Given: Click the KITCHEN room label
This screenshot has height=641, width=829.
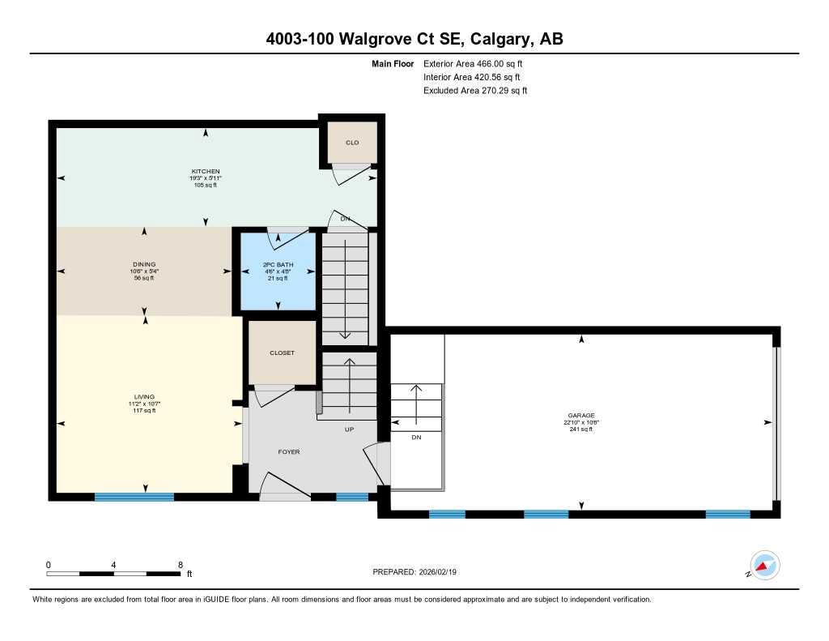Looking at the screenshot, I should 206,171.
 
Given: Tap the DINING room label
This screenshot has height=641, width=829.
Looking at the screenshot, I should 144,264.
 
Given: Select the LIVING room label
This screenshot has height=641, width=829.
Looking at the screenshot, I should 145,397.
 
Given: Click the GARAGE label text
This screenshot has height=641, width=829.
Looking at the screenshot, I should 580,415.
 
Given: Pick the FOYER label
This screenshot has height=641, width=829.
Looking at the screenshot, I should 289,451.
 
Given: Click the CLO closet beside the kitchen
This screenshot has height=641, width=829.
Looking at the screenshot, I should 352,143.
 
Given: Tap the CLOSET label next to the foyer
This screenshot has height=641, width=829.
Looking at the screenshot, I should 282,353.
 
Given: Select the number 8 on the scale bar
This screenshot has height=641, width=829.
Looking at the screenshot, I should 180,564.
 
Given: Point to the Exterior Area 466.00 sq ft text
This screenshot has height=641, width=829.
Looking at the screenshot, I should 478,63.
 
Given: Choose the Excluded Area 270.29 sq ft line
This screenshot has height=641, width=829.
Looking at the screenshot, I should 475,91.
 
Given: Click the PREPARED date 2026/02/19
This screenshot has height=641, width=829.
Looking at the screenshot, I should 442,572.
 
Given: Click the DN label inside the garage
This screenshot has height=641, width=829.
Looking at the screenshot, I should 416,437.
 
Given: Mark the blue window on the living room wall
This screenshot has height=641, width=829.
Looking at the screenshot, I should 134,497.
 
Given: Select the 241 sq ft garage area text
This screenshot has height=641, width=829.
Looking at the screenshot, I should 580,429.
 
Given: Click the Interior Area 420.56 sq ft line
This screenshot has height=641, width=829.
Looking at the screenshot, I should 472,77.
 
